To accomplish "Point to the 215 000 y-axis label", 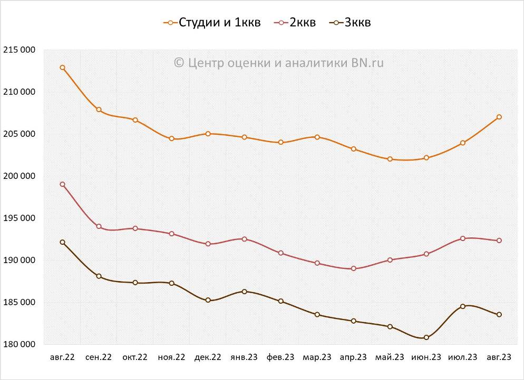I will [20, 50].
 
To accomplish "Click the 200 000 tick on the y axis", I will [20, 176].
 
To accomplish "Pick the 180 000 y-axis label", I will [20, 344].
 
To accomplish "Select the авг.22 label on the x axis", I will [63, 357].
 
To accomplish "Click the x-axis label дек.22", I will [208, 357].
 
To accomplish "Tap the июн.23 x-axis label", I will [426, 357].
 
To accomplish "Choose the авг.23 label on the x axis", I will [499, 357].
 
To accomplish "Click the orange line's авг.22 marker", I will [63, 67].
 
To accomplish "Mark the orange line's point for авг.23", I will [499, 117].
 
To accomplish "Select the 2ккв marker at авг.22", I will [63, 184].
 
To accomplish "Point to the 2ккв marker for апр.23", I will [353, 268].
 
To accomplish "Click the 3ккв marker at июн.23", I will [426, 337].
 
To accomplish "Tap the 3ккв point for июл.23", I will [462, 306].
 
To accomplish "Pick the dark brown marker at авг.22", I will [63, 242].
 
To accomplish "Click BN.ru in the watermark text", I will [367, 63].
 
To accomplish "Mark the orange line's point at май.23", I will [390, 159].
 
